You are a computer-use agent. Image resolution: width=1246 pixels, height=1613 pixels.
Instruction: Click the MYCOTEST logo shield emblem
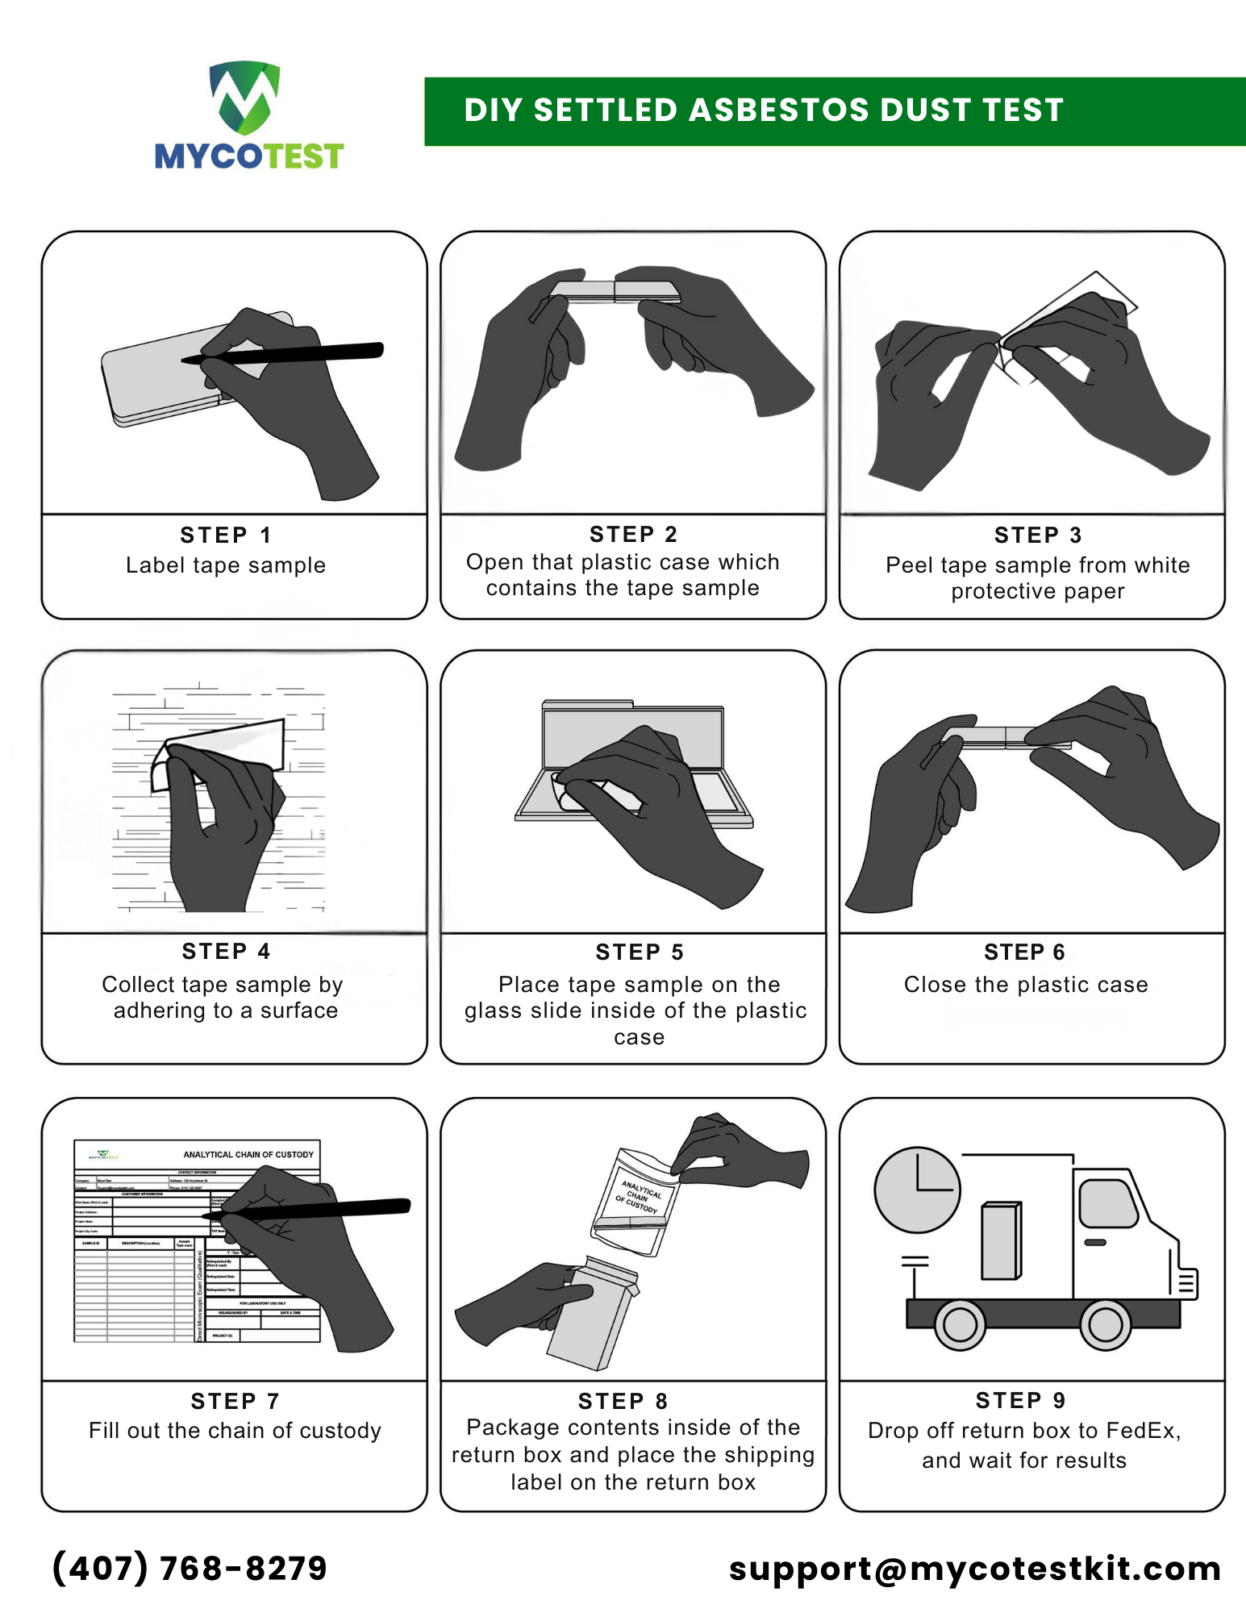(245, 97)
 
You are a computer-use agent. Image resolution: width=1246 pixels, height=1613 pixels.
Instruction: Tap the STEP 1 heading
(225, 535)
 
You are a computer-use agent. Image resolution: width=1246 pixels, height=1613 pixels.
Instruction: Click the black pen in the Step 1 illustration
(323, 352)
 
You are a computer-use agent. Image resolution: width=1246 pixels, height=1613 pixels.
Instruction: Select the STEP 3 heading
(1037, 535)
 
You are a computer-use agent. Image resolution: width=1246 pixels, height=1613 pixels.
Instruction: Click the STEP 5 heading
(639, 952)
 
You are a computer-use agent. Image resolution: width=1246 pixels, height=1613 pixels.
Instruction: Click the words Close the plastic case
(1025, 984)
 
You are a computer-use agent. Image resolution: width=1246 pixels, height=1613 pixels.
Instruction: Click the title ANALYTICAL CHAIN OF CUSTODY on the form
(248, 1154)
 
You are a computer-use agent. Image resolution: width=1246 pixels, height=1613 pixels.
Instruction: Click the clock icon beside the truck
(917, 1190)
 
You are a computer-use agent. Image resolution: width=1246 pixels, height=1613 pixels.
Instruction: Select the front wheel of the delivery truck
(1105, 1324)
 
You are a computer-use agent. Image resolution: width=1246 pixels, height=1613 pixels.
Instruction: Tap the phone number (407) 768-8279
(190, 1568)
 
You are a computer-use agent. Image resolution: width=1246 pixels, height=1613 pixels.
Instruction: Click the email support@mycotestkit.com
(974, 1568)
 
